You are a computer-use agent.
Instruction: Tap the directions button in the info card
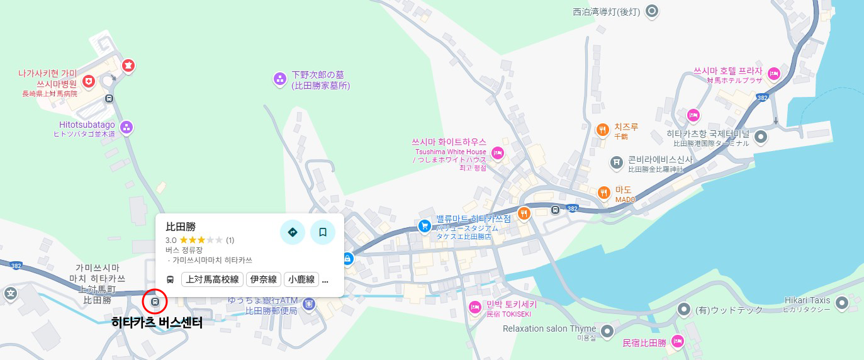click(292, 232)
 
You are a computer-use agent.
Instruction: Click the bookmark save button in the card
click(323, 232)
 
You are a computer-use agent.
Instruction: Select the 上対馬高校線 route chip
click(212, 279)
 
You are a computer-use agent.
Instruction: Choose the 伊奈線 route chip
click(263, 279)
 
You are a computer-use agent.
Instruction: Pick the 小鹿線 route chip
click(301, 279)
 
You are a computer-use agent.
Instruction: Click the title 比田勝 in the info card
click(181, 227)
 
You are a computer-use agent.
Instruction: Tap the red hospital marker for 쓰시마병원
click(89, 81)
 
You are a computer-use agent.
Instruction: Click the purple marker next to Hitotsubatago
click(126, 128)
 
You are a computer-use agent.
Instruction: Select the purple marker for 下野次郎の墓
click(279, 79)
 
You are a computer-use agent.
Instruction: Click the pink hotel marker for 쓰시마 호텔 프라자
click(774, 73)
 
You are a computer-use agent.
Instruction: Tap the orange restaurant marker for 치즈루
click(602, 130)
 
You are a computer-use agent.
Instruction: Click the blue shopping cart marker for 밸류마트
click(425, 225)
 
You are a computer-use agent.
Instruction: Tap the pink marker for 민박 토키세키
click(475, 307)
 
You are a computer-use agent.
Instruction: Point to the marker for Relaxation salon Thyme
click(607, 331)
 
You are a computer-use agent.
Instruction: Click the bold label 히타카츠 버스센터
click(157, 323)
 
